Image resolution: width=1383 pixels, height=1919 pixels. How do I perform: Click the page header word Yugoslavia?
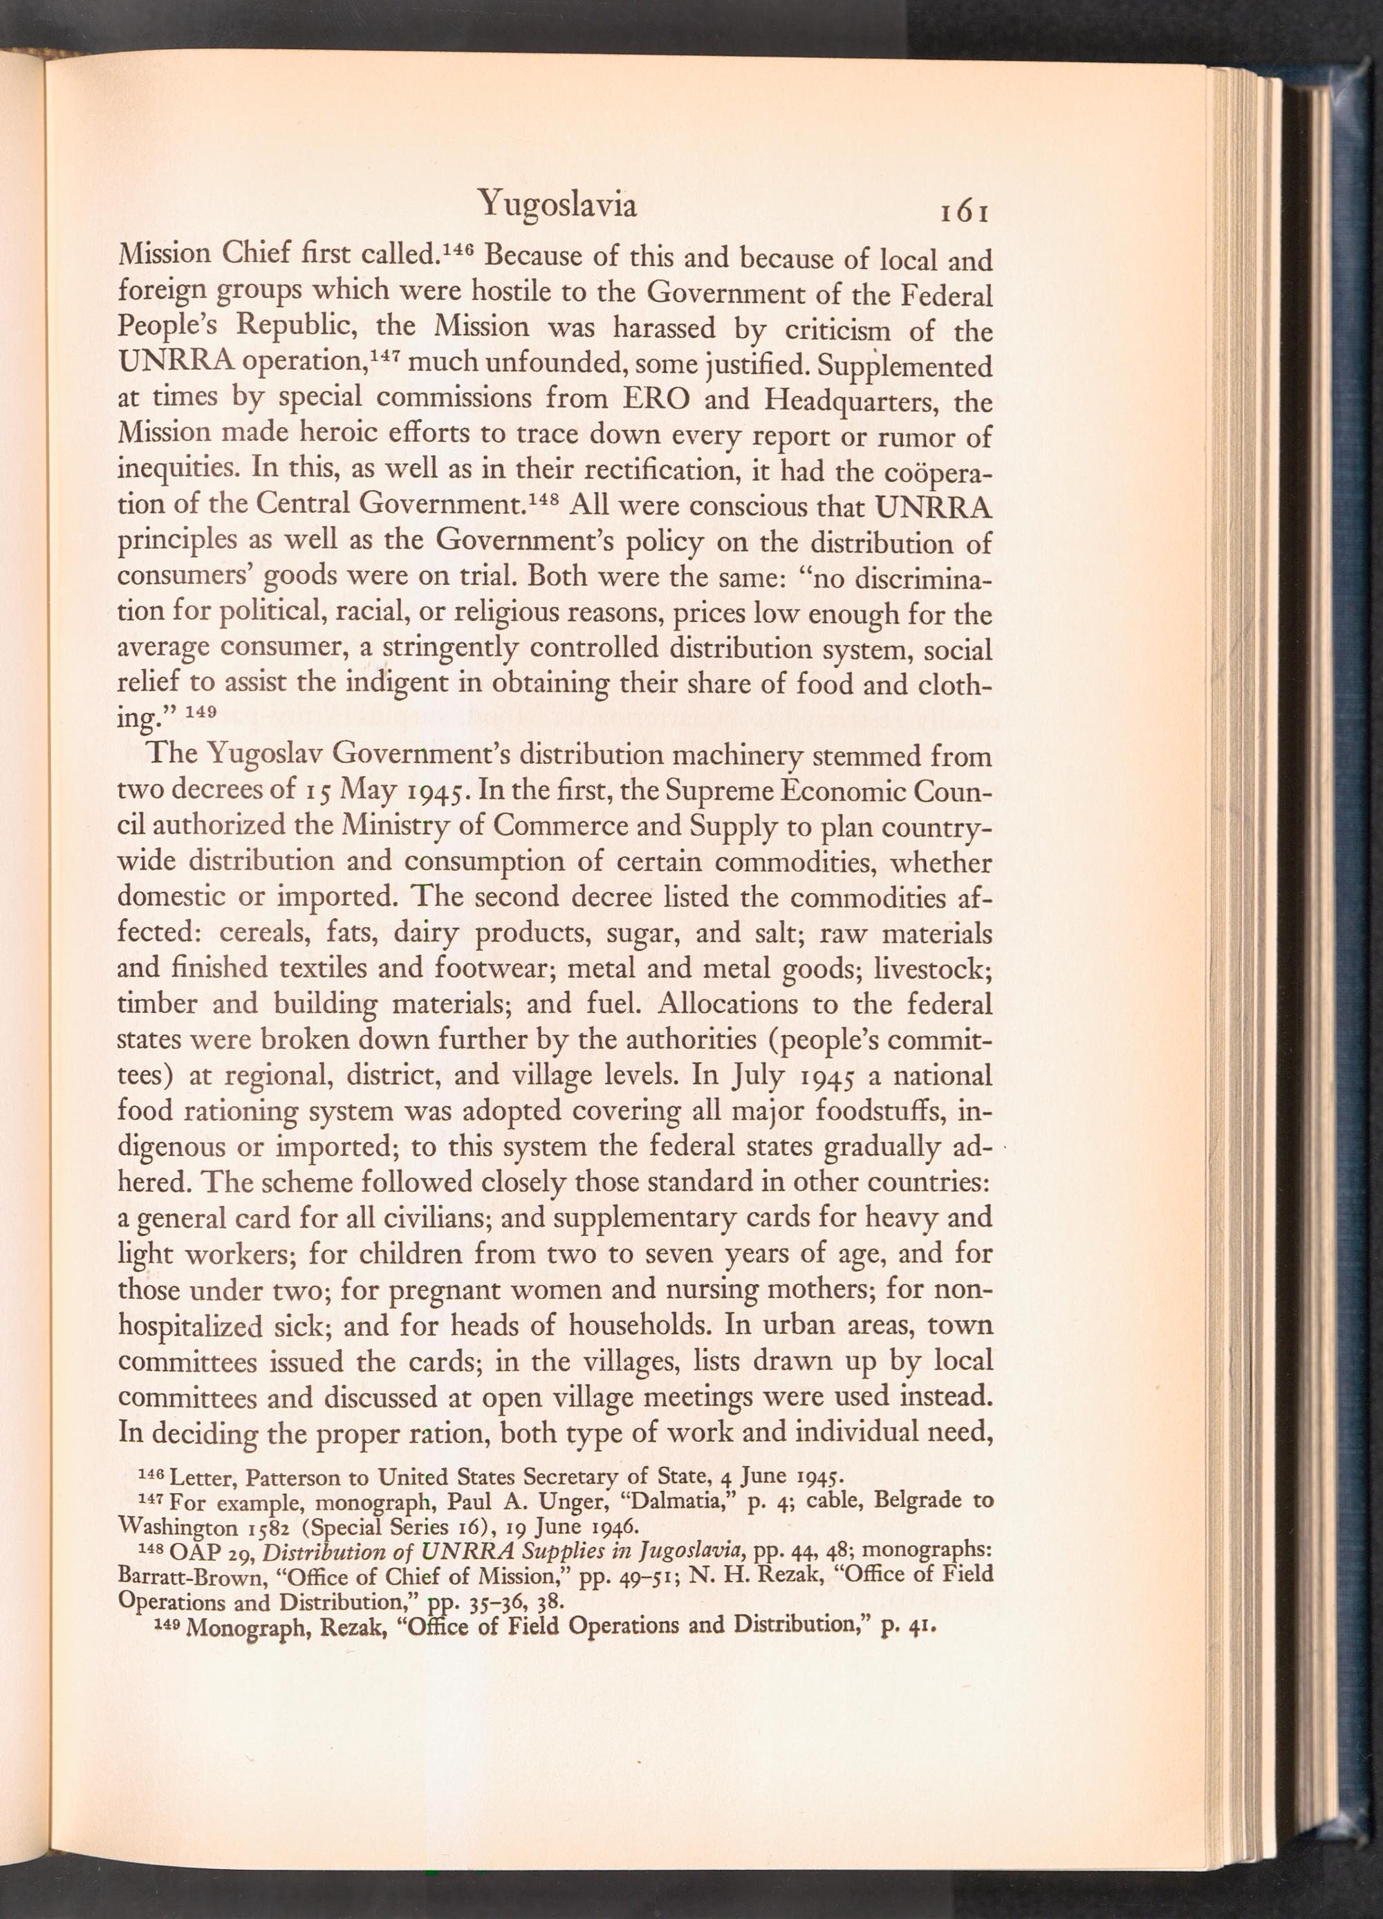coord(556,205)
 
